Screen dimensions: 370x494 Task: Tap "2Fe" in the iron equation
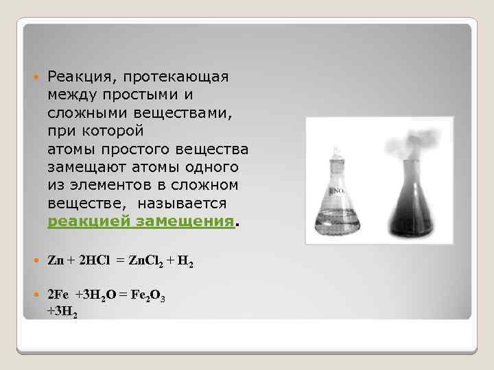pyautogui.click(x=58, y=294)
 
